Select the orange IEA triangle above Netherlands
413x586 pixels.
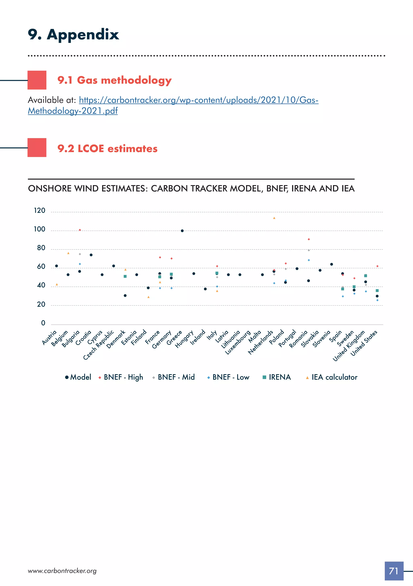(x=274, y=218)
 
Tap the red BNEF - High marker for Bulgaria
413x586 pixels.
(x=80, y=230)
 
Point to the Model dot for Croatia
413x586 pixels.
(x=91, y=255)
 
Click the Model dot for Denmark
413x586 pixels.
(x=125, y=296)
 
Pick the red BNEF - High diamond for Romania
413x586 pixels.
(x=309, y=239)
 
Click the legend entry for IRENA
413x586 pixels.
(x=277, y=377)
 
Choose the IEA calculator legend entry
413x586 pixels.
(x=332, y=377)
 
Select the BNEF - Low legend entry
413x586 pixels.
(x=228, y=377)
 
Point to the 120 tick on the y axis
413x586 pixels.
(x=40, y=211)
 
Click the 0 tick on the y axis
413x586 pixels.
(x=43, y=323)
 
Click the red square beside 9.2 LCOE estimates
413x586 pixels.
(x=37, y=148)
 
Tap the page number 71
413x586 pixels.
(x=394, y=571)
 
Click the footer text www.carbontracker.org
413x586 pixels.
(x=62, y=571)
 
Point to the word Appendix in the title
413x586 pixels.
(x=83, y=34)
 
